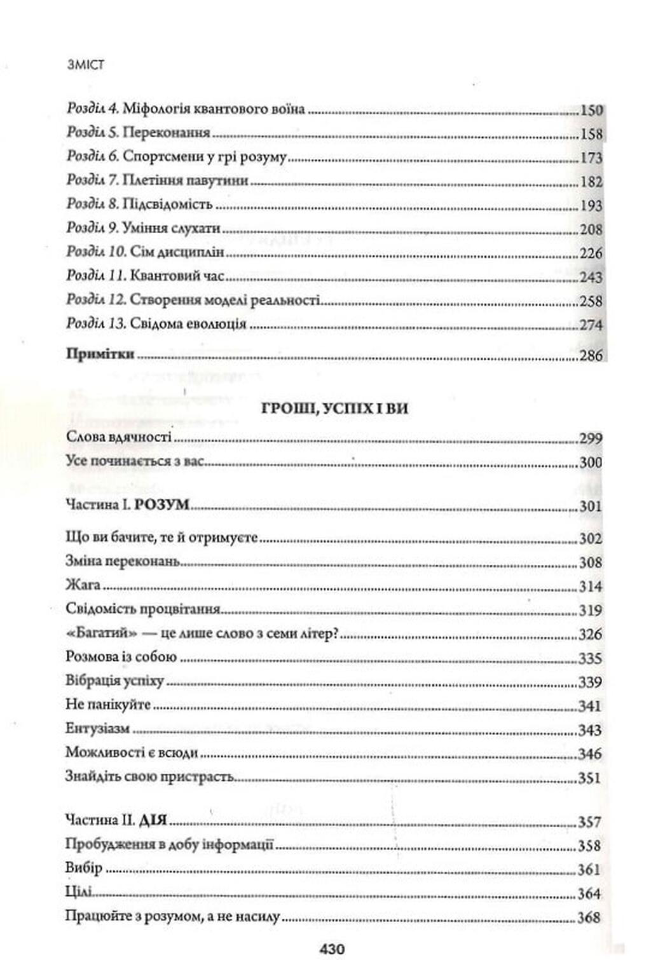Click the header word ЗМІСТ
[x=85, y=64]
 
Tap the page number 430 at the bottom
[x=332, y=949]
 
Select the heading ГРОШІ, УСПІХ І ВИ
[x=334, y=409]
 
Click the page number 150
[x=591, y=110]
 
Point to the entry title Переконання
[x=166, y=133]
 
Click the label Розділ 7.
[x=93, y=181]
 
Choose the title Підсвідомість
[x=167, y=205]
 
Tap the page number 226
[x=591, y=253]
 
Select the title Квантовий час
[x=177, y=276]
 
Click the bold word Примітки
[x=100, y=354]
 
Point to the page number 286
[x=591, y=355]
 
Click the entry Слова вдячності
[x=119, y=438]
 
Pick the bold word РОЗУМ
[x=163, y=505]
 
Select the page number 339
[x=590, y=682]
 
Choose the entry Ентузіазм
[x=98, y=729]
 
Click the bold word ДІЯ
[x=153, y=821]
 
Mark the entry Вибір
[x=84, y=869]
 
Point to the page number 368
[x=589, y=917]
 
